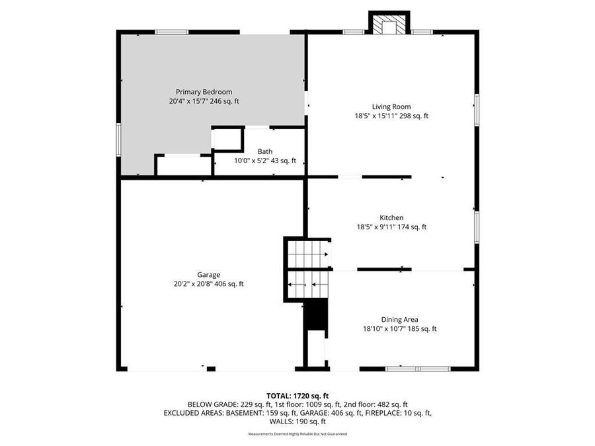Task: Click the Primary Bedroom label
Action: point(204,92)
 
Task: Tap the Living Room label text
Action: point(391,106)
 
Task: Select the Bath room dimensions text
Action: point(264,161)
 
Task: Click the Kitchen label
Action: point(391,217)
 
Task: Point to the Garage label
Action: point(208,275)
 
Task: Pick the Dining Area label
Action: point(399,319)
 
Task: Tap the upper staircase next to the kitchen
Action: point(308,252)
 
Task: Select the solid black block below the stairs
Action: point(317,315)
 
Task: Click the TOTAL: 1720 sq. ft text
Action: point(297,396)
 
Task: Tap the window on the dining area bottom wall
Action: point(418,368)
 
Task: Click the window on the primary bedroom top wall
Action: point(172,31)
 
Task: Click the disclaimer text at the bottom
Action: point(297,434)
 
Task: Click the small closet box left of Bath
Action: point(227,139)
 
